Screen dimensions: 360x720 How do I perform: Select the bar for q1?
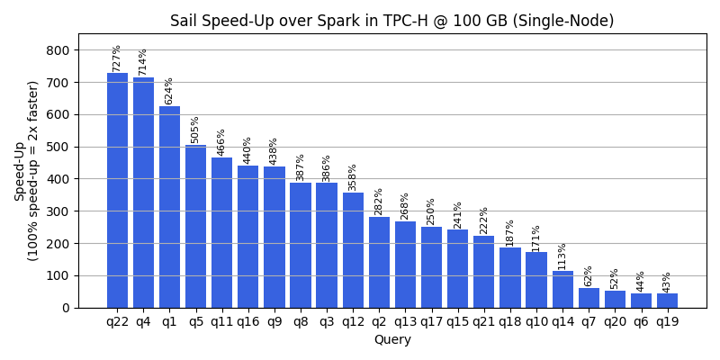169,207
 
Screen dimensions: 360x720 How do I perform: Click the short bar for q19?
667,301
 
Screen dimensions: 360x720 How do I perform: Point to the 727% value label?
117,58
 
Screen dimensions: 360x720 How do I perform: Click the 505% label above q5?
195,130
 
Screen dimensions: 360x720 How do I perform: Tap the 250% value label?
431,211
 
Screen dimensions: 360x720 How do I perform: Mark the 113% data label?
562,256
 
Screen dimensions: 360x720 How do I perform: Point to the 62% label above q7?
589,275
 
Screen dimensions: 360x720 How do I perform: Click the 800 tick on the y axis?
58,50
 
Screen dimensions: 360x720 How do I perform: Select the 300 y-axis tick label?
58,211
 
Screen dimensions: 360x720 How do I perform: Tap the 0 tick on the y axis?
66,308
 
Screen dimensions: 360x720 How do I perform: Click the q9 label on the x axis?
274,322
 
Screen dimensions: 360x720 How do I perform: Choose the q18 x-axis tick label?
510,322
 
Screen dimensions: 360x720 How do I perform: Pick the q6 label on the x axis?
641,322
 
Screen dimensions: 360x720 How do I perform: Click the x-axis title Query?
392,340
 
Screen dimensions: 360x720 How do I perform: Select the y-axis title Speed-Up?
20,171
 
